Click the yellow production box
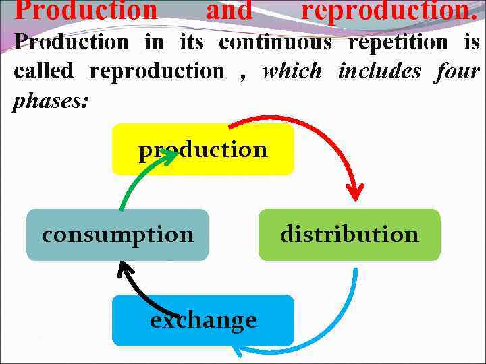pos(202,150)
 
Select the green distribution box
pos(349,235)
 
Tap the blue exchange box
pos(202,320)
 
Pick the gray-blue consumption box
pos(117,235)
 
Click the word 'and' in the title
pos(228,10)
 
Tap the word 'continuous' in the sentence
pos(275,42)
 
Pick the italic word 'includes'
pos(379,71)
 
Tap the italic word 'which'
pos(292,71)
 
